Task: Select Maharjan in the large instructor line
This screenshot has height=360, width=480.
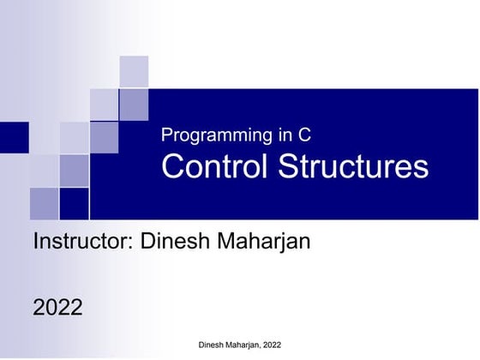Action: point(265,241)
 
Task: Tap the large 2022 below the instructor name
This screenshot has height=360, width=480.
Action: point(57,307)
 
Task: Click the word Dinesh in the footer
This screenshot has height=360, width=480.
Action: point(213,345)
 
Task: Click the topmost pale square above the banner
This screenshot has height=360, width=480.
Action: point(133,71)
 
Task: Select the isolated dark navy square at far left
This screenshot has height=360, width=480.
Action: point(14,136)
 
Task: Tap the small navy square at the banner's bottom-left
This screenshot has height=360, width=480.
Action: point(75,203)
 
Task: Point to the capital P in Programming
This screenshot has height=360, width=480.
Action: point(166,135)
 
